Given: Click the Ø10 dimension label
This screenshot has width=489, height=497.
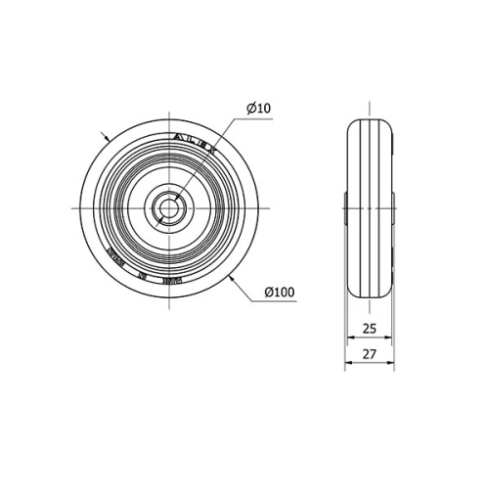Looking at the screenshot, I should coord(257,109).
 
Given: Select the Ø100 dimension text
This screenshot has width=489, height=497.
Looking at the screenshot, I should coord(280,292).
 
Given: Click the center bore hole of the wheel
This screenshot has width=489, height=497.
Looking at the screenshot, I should coord(168,207).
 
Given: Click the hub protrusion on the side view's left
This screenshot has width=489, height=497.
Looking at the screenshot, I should coord(345,207).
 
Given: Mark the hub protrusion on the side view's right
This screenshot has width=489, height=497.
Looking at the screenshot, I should coord(393,207).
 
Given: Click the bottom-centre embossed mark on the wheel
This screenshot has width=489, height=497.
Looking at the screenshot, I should coord(144,277).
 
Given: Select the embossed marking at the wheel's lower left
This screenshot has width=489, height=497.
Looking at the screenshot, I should coord(112,259).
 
